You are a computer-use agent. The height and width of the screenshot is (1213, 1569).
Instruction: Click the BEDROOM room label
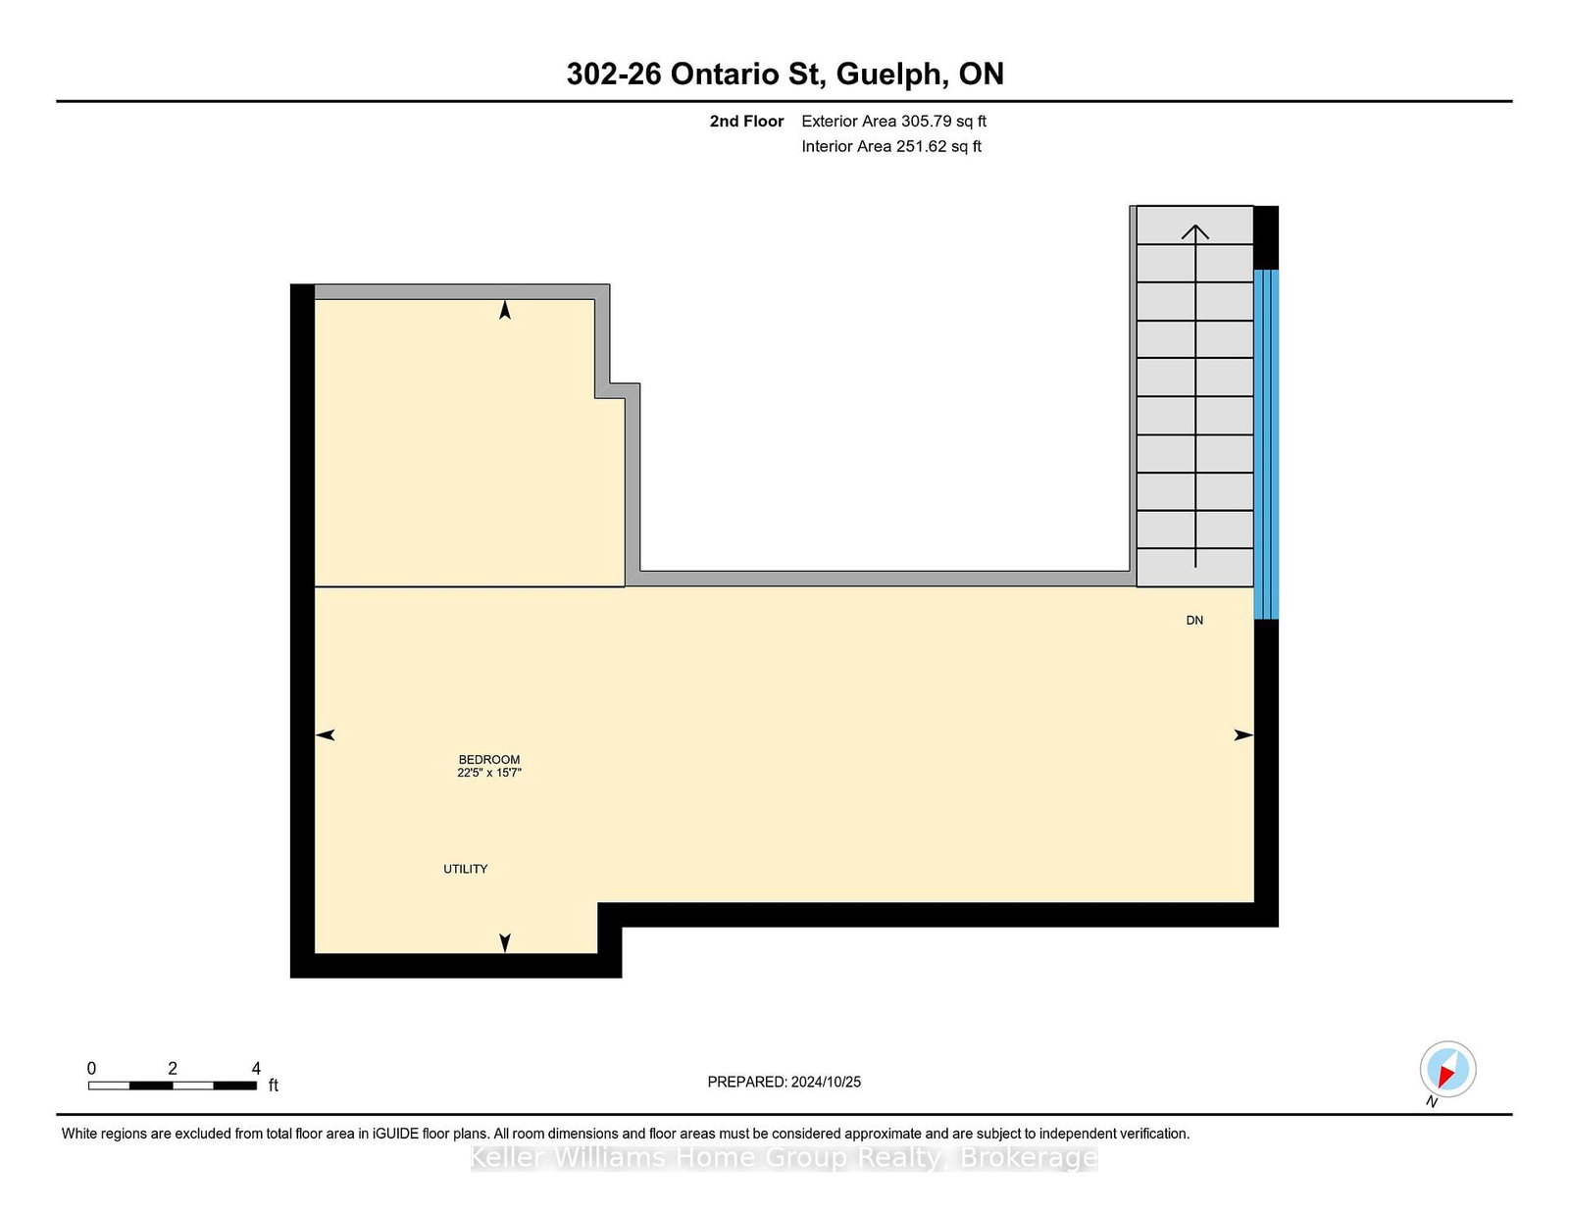coord(488,759)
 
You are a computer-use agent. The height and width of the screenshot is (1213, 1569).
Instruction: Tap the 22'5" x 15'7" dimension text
coord(488,773)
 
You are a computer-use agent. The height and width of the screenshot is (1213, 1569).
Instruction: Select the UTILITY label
coord(465,869)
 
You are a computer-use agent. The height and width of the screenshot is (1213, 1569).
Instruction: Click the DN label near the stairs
coord(1194,620)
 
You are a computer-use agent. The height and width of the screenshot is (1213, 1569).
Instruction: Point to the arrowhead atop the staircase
coord(1194,231)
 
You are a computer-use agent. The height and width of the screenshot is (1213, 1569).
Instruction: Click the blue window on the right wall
coord(1266,444)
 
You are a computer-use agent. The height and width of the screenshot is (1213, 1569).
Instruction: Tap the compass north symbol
coord(1447,1069)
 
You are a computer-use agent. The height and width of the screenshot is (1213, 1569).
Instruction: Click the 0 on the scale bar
coord(91,1068)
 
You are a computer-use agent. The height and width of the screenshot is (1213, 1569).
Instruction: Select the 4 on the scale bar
coord(256,1068)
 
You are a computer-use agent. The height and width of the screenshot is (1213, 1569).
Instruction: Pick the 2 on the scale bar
coord(173,1068)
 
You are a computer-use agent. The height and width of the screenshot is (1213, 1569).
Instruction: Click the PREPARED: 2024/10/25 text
coord(784,1082)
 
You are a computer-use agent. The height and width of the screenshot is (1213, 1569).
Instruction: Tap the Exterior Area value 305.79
coord(926,121)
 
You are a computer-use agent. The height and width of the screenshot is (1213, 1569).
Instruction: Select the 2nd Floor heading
coord(746,121)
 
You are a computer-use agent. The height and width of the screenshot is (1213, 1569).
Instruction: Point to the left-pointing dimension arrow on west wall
coord(326,734)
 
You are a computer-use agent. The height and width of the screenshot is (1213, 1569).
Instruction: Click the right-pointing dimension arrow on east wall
coord(1242,734)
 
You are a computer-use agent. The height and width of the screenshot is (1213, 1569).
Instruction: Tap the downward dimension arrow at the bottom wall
coord(505,942)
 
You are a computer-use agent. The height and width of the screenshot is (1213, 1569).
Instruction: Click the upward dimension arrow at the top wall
coord(505,310)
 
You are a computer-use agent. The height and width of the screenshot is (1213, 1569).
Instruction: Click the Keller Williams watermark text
coord(784,1157)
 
